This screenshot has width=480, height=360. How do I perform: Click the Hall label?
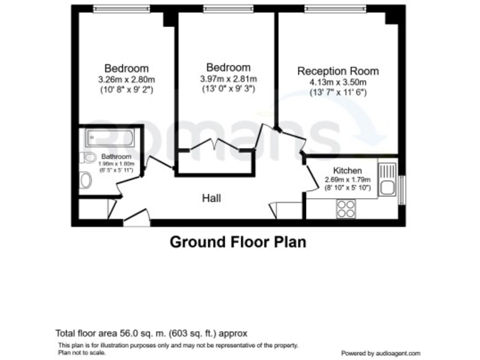(x=211, y=198)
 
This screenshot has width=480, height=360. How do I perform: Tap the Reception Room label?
(x=337, y=71)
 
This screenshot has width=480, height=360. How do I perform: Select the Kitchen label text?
(x=347, y=171)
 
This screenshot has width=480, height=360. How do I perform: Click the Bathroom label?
(x=116, y=157)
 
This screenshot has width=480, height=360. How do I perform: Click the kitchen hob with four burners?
(x=346, y=208)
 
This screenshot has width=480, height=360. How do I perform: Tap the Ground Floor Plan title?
(x=239, y=242)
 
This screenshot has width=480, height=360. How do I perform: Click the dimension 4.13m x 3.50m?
(x=337, y=82)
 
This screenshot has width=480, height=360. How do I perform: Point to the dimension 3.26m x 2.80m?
(x=126, y=79)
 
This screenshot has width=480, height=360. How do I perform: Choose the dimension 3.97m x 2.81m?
(x=228, y=78)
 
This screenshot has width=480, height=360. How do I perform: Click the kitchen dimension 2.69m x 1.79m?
(x=347, y=179)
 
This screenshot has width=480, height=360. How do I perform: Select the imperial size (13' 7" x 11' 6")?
(x=337, y=92)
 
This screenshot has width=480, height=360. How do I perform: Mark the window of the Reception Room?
(x=334, y=9)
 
